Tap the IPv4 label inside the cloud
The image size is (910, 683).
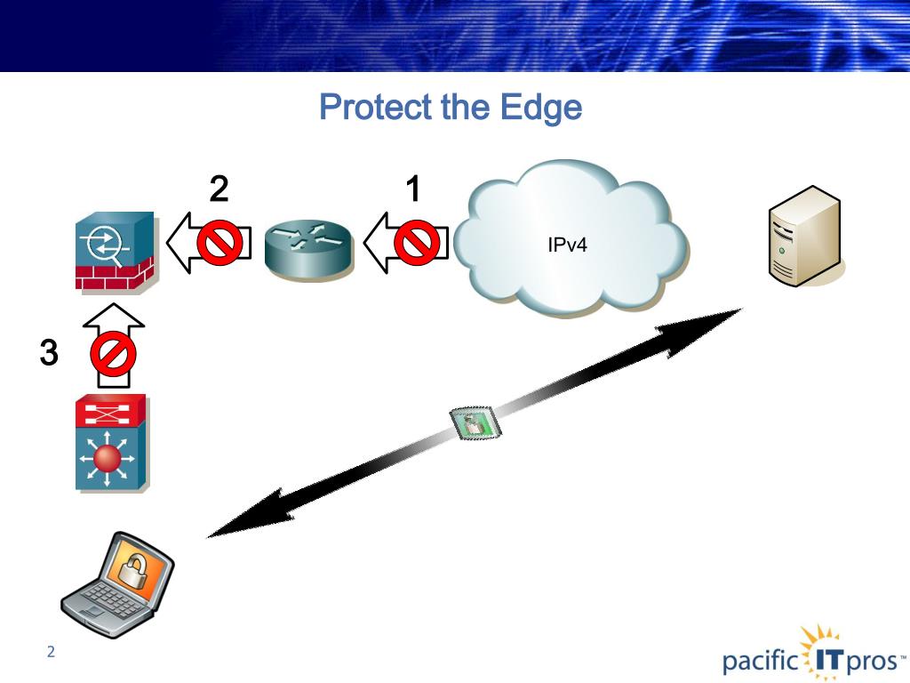[x=567, y=245]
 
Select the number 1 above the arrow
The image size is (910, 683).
[x=412, y=189]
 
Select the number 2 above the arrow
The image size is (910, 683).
[x=219, y=189]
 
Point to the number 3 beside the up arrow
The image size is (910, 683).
[x=49, y=352]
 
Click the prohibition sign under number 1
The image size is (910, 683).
[x=417, y=243]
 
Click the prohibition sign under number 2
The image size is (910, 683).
[x=220, y=243]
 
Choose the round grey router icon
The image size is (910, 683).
[x=308, y=250]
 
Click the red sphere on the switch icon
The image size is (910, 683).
[x=107, y=458]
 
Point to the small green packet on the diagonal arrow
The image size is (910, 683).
[x=475, y=422]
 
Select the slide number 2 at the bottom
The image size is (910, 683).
[x=51, y=652]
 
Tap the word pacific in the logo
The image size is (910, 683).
[x=761, y=662]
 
